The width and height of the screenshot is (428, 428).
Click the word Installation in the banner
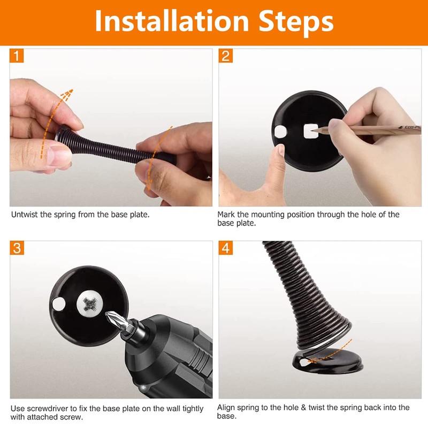pos(172,21)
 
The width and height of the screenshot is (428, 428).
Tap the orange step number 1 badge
pos(17,56)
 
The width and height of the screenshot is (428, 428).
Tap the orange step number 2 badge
pos(226,56)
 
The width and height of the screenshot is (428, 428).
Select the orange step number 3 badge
pos(17,248)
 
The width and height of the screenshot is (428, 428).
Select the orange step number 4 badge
pos(226,248)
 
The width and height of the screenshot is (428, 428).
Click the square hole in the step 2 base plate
pos(311,131)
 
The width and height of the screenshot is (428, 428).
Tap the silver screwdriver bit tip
pos(109,315)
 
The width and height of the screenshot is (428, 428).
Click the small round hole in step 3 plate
pos(58,304)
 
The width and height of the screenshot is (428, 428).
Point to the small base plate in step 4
pos(327,362)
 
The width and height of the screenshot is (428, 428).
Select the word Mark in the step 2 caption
pos(226,215)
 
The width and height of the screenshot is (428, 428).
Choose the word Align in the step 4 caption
pos(226,408)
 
